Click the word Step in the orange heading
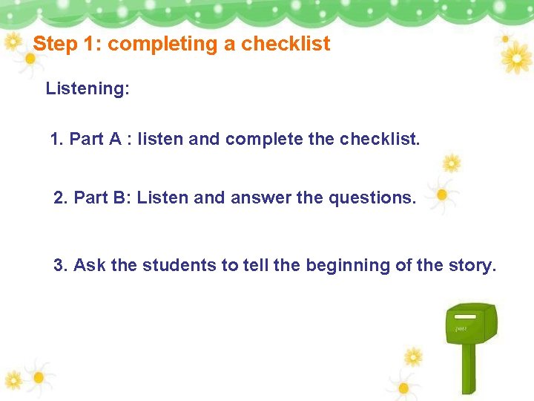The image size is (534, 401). (x=56, y=45)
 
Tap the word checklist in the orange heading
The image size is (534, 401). (x=286, y=45)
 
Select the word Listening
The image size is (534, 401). (x=88, y=89)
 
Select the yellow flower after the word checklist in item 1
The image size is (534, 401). (x=451, y=163)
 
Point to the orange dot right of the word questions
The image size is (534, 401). (x=442, y=195)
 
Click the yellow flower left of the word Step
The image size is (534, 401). (x=13, y=43)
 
